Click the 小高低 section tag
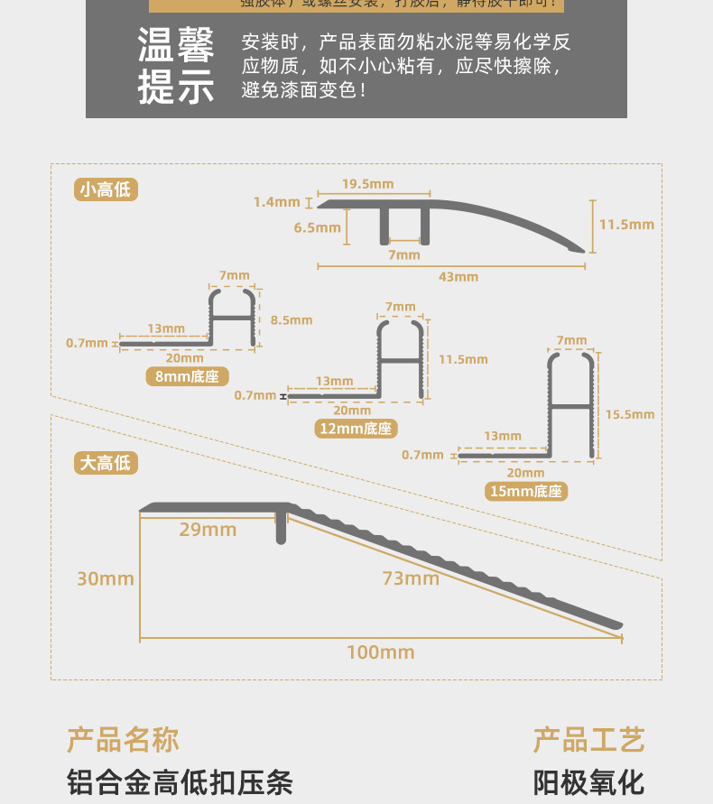106,189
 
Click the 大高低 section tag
106,463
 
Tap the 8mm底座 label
187,377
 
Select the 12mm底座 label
356,428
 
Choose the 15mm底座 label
525,491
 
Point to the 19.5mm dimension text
367,184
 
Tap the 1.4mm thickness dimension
276,202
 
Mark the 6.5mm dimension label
317,227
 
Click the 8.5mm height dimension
291,319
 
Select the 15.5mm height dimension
629,414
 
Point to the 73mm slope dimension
411,578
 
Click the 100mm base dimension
381,652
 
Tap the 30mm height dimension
106,578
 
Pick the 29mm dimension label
208,530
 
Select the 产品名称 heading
123,740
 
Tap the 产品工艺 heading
588,740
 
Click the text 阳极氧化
588,781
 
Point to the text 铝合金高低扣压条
181,781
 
